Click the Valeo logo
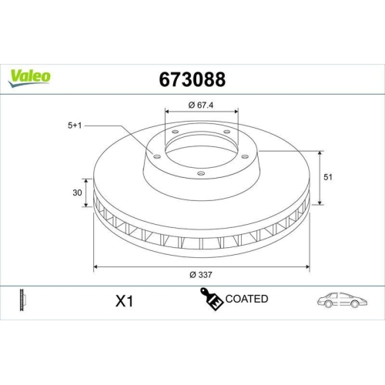click(31, 75)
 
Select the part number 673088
click(192, 79)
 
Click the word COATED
click(246, 299)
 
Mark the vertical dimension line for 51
click(320, 178)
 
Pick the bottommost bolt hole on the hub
click(200, 174)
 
